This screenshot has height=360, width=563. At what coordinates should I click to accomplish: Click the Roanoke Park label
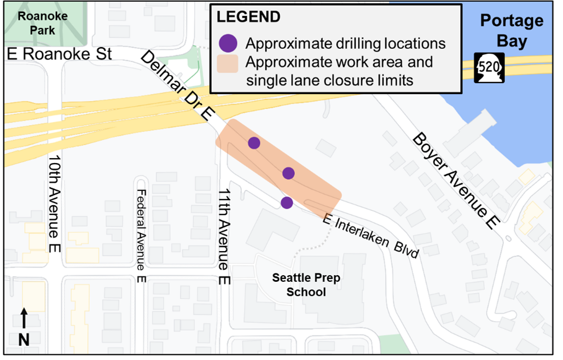coord(43,23)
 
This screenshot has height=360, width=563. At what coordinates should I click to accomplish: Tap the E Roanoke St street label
coord(60,54)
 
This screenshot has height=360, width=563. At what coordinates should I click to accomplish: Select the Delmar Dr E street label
coord(177,85)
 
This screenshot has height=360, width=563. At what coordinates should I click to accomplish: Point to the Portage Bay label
coord(512,31)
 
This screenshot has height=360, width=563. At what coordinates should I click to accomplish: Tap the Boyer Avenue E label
coord(457,179)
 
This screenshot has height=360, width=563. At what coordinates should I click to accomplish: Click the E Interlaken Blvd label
coord(371,236)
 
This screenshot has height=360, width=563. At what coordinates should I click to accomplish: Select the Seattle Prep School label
coord(306,284)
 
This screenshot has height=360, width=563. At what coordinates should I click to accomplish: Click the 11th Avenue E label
coord(223,237)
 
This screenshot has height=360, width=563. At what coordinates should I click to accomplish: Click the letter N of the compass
coord(24,340)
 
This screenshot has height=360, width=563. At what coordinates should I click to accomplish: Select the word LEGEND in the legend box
coord(248,17)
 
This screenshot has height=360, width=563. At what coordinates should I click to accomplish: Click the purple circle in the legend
coord(228,43)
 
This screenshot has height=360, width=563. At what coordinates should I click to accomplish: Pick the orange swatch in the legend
coord(228,63)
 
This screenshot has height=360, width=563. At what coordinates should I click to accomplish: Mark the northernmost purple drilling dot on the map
coord(254,143)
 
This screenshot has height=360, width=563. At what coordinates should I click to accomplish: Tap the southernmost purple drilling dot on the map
coord(287,202)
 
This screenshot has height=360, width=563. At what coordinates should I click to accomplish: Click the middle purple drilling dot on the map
coord(289,173)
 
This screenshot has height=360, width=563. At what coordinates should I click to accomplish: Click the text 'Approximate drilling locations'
coord(345,43)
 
